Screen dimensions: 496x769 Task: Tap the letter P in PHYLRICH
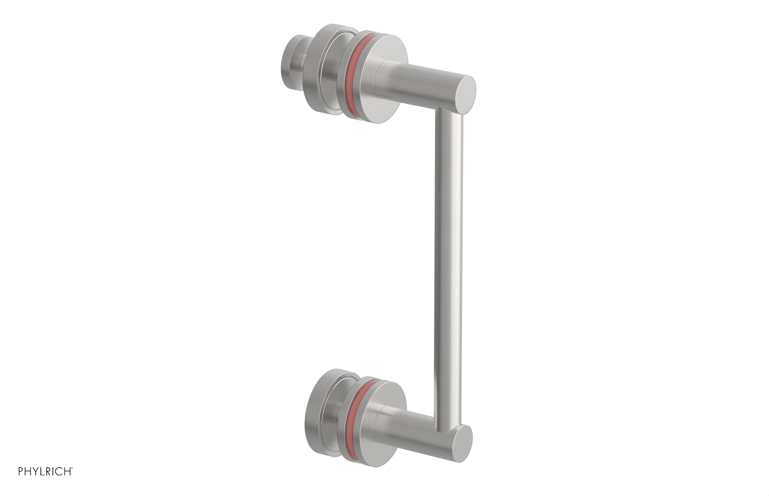[21, 471]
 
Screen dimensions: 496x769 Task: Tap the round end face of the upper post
[465, 95]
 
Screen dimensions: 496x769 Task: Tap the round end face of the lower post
[463, 444]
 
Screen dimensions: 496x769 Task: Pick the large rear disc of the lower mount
[318, 404]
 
